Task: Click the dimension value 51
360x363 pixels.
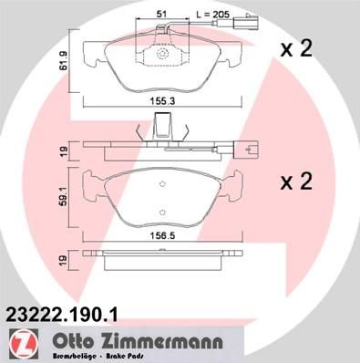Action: coord(162,14)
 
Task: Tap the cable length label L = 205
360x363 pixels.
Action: coord(212,14)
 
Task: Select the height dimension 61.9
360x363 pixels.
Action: coord(64,61)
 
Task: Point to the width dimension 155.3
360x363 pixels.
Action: coord(162,101)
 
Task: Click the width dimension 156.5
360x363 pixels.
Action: coord(162,235)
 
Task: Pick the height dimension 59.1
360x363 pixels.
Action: coord(64,198)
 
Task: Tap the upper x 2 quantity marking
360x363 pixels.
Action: coord(296,48)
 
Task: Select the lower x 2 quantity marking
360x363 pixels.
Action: coord(296,181)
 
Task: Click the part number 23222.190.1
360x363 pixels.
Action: coord(60,315)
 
